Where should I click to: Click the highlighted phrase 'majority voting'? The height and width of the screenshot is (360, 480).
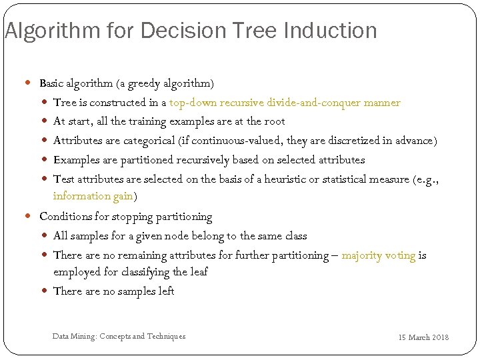click(378, 255)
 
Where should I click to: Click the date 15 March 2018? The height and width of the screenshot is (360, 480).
click(423, 337)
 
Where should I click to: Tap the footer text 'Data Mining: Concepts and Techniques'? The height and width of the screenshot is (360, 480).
click(119, 336)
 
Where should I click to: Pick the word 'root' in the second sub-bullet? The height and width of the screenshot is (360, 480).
click(275, 121)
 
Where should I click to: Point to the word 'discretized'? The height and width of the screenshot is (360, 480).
click(340, 141)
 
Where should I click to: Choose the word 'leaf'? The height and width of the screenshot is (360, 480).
click(199, 272)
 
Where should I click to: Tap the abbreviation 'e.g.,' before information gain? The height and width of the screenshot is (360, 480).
click(428, 179)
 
